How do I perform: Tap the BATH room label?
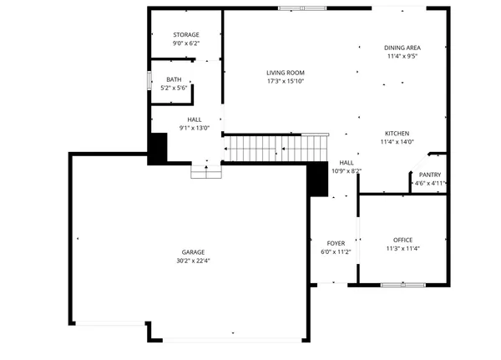click(x=173, y=79)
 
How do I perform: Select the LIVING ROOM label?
click(x=286, y=73)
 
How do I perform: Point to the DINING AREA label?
click(x=402, y=48)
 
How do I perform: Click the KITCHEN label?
click(x=397, y=134)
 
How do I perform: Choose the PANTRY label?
click(x=430, y=175)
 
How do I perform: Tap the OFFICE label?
click(x=403, y=239)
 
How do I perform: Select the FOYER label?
click(x=335, y=243)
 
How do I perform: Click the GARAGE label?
click(x=194, y=251)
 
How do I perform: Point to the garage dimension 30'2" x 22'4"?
click(x=194, y=261)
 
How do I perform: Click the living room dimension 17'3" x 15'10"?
click(x=286, y=82)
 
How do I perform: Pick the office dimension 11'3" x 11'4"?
click(x=403, y=248)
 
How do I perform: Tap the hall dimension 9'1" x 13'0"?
click(x=195, y=129)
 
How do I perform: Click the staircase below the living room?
click(x=276, y=149)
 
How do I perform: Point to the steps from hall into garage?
click(x=205, y=171)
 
